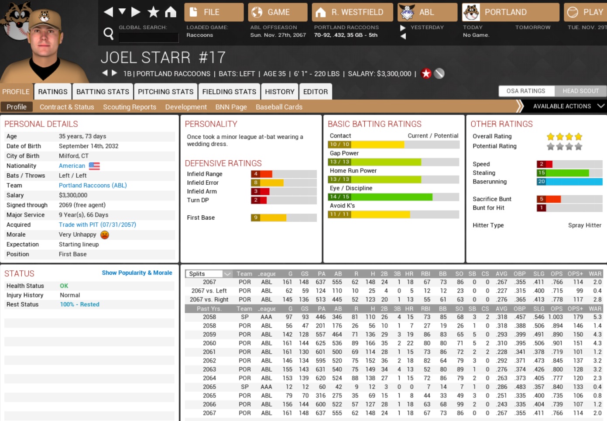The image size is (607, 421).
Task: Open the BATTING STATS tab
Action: coord(103,92)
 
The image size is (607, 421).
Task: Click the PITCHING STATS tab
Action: coord(165,92)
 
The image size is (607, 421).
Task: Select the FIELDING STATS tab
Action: coord(229,92)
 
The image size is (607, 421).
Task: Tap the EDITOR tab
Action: coord(315,92)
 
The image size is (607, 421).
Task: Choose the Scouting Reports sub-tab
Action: coord(129,107)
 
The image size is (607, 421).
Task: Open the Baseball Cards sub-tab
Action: coord(279,107)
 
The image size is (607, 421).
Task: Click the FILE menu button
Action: coord(214,12)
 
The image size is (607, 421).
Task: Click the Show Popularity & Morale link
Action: coord(137,273)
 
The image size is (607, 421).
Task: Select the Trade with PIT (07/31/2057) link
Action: coord(97,224)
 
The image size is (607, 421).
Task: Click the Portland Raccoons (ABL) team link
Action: coord(93,185)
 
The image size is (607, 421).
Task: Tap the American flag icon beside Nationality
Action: coord(94,166)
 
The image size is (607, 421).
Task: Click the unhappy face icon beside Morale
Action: coord(105,235)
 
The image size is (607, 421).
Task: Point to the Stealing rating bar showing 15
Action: coord(569,173)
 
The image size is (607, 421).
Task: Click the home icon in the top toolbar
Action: coord(171,12)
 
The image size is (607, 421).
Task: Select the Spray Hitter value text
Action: coord(584,225)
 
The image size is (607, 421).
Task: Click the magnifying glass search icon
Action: coord(108,33)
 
